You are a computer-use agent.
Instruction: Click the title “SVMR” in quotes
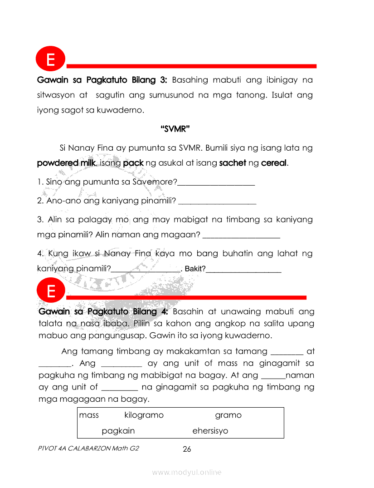(175, 129)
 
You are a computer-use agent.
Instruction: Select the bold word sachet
(233, 163)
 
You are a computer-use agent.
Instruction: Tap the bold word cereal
(274, 163)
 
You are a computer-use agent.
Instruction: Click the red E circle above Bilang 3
(50, 59)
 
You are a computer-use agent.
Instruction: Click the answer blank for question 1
(216, 184)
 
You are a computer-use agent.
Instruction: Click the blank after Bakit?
(244, 271)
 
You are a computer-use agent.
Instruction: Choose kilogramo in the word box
(144, 415)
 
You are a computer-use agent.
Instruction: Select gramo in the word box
(228, 415)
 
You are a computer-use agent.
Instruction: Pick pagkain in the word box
(118, 431)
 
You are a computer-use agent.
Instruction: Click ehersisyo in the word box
(210, 431)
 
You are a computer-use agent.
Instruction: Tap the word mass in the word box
(89, 415)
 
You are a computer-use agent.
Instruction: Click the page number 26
(187, 449)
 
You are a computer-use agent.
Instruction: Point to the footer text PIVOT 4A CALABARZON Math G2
(89, 448)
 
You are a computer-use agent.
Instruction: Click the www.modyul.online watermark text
(187, 473)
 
